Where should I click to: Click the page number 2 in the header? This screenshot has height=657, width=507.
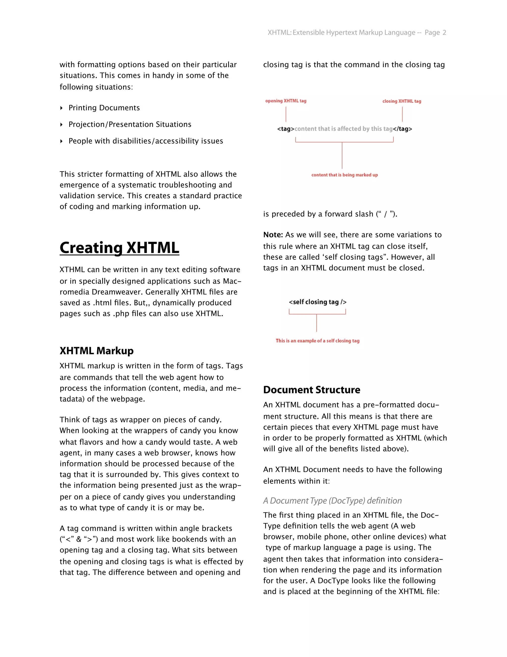(x=444, y=32)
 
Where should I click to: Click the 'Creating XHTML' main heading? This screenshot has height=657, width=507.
(x=119, y=248)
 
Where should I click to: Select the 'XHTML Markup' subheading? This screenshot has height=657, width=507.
(x=96, y=351)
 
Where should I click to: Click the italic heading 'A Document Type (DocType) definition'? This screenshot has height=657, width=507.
(x=332, y=501)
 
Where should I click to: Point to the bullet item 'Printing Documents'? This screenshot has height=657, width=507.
(x=104, y=108)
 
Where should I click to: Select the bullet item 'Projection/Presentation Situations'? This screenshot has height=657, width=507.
(x=130, y=124)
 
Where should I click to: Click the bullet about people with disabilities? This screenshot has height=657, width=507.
(x=146, y=141)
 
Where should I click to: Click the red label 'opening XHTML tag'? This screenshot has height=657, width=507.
(x=286, y=101)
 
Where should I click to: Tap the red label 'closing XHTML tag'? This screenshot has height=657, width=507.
(x=402, y=101)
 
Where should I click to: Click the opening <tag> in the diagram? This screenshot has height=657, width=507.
(x=286, y=129)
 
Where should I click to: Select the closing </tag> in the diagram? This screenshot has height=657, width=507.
(x=403, y=129)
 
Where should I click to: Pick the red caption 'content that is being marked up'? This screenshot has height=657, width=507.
(x=345, y=175)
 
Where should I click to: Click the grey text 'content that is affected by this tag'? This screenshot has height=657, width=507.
(x=344, y=129)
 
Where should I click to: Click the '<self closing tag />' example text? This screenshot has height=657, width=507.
(x=317, y=302)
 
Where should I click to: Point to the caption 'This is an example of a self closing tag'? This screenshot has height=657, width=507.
(x=317, y=341)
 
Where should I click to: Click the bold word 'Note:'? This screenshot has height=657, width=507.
(x=273, y=235)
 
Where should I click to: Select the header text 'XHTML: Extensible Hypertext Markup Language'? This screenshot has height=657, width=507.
(x=341, y=32)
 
